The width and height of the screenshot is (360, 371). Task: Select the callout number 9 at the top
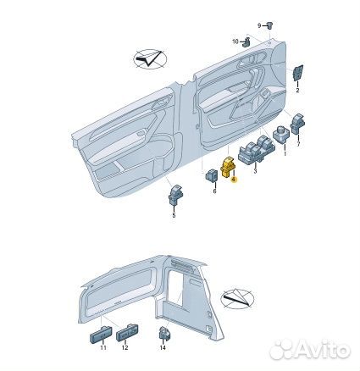pyautogui.click(x=235, y=26)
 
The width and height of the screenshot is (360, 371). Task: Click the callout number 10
pyautogui.click(x=235, y=42)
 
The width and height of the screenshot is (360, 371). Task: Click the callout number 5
pyautogui.click(x=174, y=217)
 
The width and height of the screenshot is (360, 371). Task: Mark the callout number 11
pyautogui.click(x=102, y=348)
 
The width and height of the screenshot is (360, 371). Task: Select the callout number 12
pyautogui.click(x=125, y=348)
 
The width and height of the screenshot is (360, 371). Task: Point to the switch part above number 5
pyautogui.click(x=176, y=197)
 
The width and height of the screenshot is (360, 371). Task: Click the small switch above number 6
pyautogui.click(x=211, y=175)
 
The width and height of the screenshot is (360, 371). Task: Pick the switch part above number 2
pyautogui.click(x=299, y=74)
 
